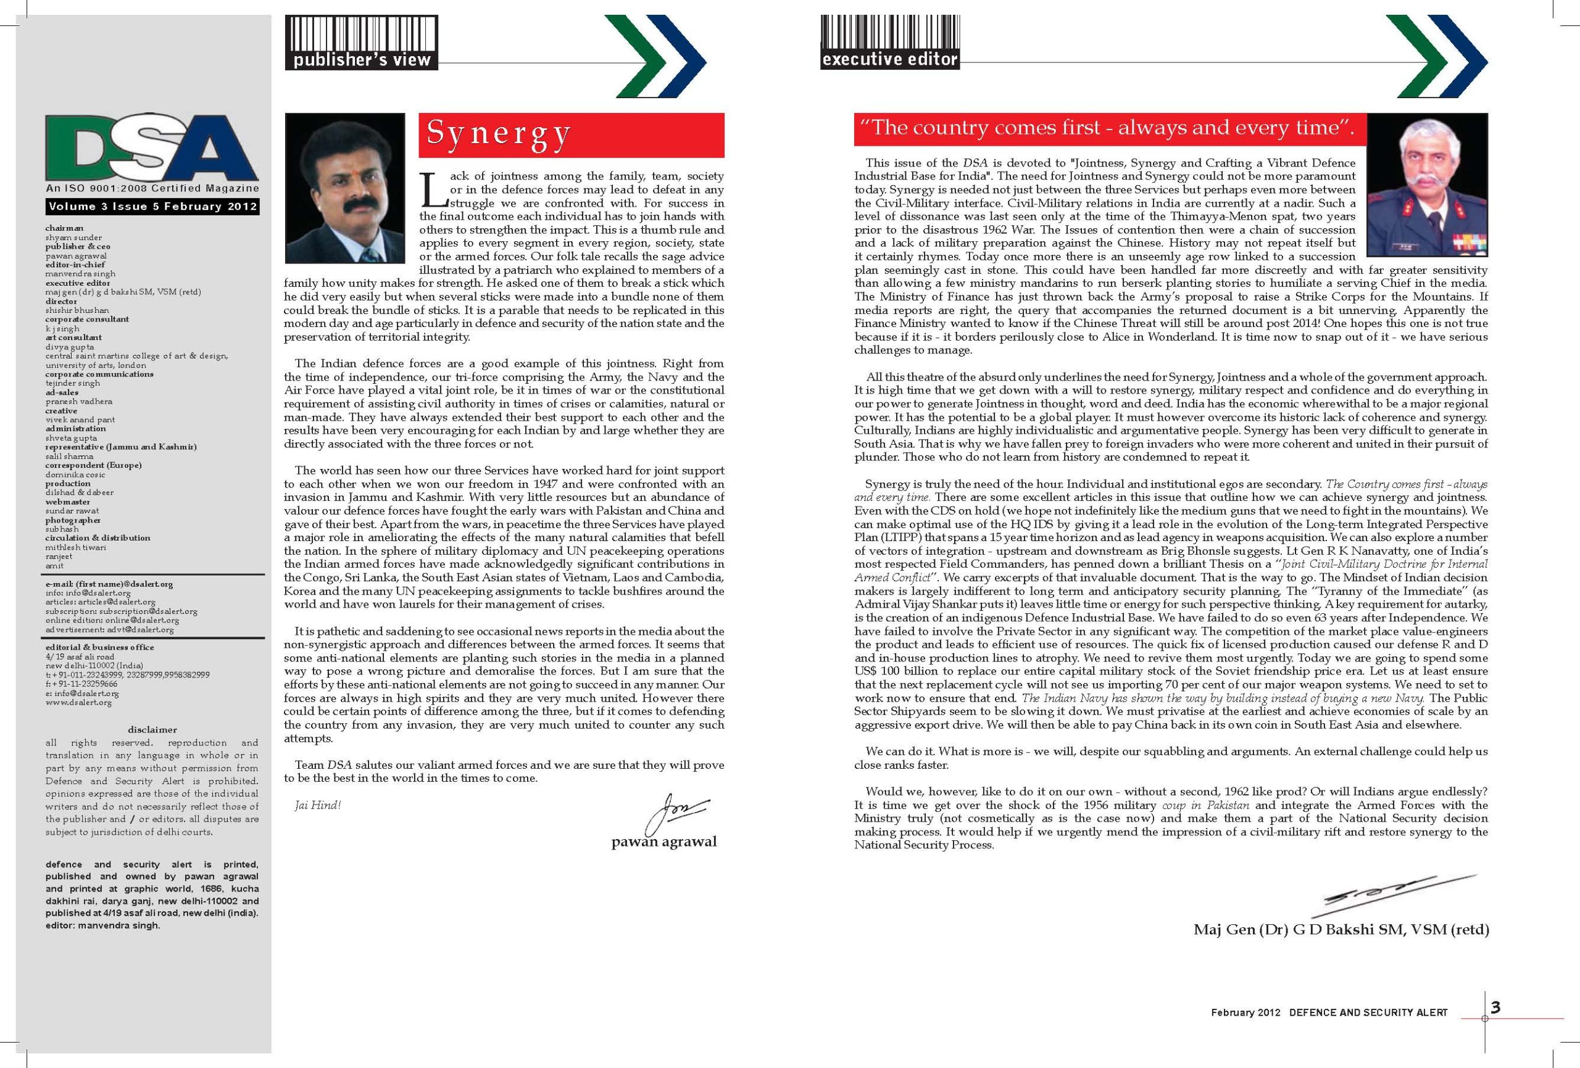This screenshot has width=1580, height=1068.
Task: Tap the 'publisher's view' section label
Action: click(x=362, y=60)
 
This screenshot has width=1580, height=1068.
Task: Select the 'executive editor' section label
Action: click(x=889, y=59)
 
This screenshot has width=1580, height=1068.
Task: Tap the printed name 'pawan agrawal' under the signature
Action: click(x=663, y=842)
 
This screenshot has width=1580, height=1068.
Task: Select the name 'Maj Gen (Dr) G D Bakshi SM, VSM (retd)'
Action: click(x=1341, y=929)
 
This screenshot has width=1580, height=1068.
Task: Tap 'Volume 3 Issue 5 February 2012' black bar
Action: click(x=152, y=206)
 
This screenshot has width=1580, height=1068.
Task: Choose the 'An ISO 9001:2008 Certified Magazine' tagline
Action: click(x=152, y=188)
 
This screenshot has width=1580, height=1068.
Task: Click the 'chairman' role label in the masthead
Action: click(x=65, y=228)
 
